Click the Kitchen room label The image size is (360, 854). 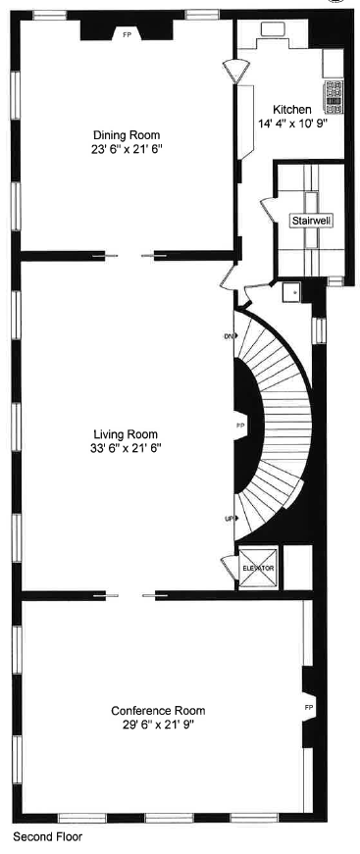(x=292, y=110)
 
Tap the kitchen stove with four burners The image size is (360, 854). (x=334, y=92)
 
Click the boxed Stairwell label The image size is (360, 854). (x=311, y=221)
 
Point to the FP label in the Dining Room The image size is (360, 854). (x=127, y=34)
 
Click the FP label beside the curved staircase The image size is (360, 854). (x=241, y=426)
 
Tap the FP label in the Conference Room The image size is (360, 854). (x=309, y=706)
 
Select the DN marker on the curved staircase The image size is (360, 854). (x=230, y=336)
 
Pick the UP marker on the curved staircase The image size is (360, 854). (x=230, y=518)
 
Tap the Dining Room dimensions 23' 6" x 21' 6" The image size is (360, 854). (x=127, y=150)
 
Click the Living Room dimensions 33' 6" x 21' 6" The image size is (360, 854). (x=127, y=448)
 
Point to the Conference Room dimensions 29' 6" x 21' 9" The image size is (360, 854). (x=158, y=726)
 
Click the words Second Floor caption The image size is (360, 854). (x=48, y=838)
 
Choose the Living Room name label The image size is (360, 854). (x=127, y=433)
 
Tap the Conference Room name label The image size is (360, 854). (x=158, y=711)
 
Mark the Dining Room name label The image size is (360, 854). (x=127, y=135)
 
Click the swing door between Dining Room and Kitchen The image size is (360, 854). (x=235, y=72)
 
